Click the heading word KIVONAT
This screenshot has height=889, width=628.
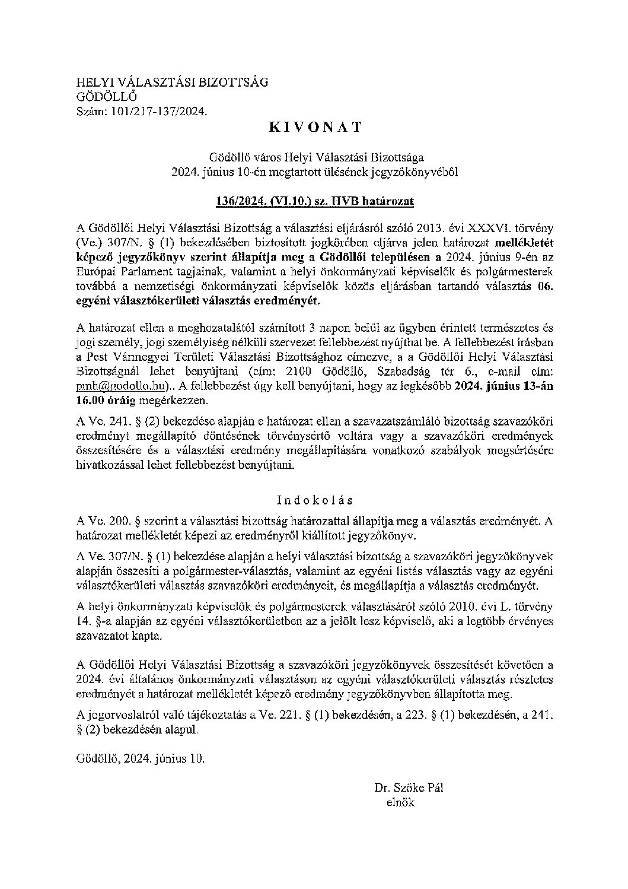coord(315,126)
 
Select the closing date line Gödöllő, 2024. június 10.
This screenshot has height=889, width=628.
coord(140,758)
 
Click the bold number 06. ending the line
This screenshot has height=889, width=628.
coord(543,286)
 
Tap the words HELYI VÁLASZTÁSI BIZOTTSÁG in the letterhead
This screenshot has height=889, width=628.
coord(173,82)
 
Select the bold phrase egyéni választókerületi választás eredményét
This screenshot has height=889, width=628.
coord(197,300)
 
